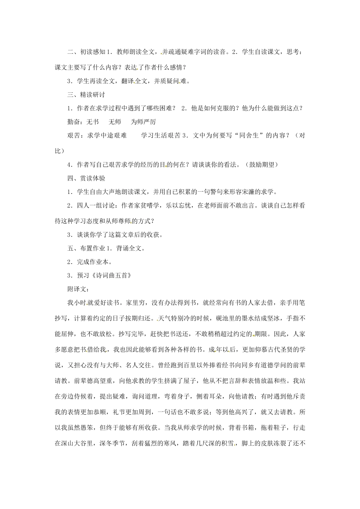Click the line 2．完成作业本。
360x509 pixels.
(89, 262)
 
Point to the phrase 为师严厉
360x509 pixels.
(143, 122)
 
